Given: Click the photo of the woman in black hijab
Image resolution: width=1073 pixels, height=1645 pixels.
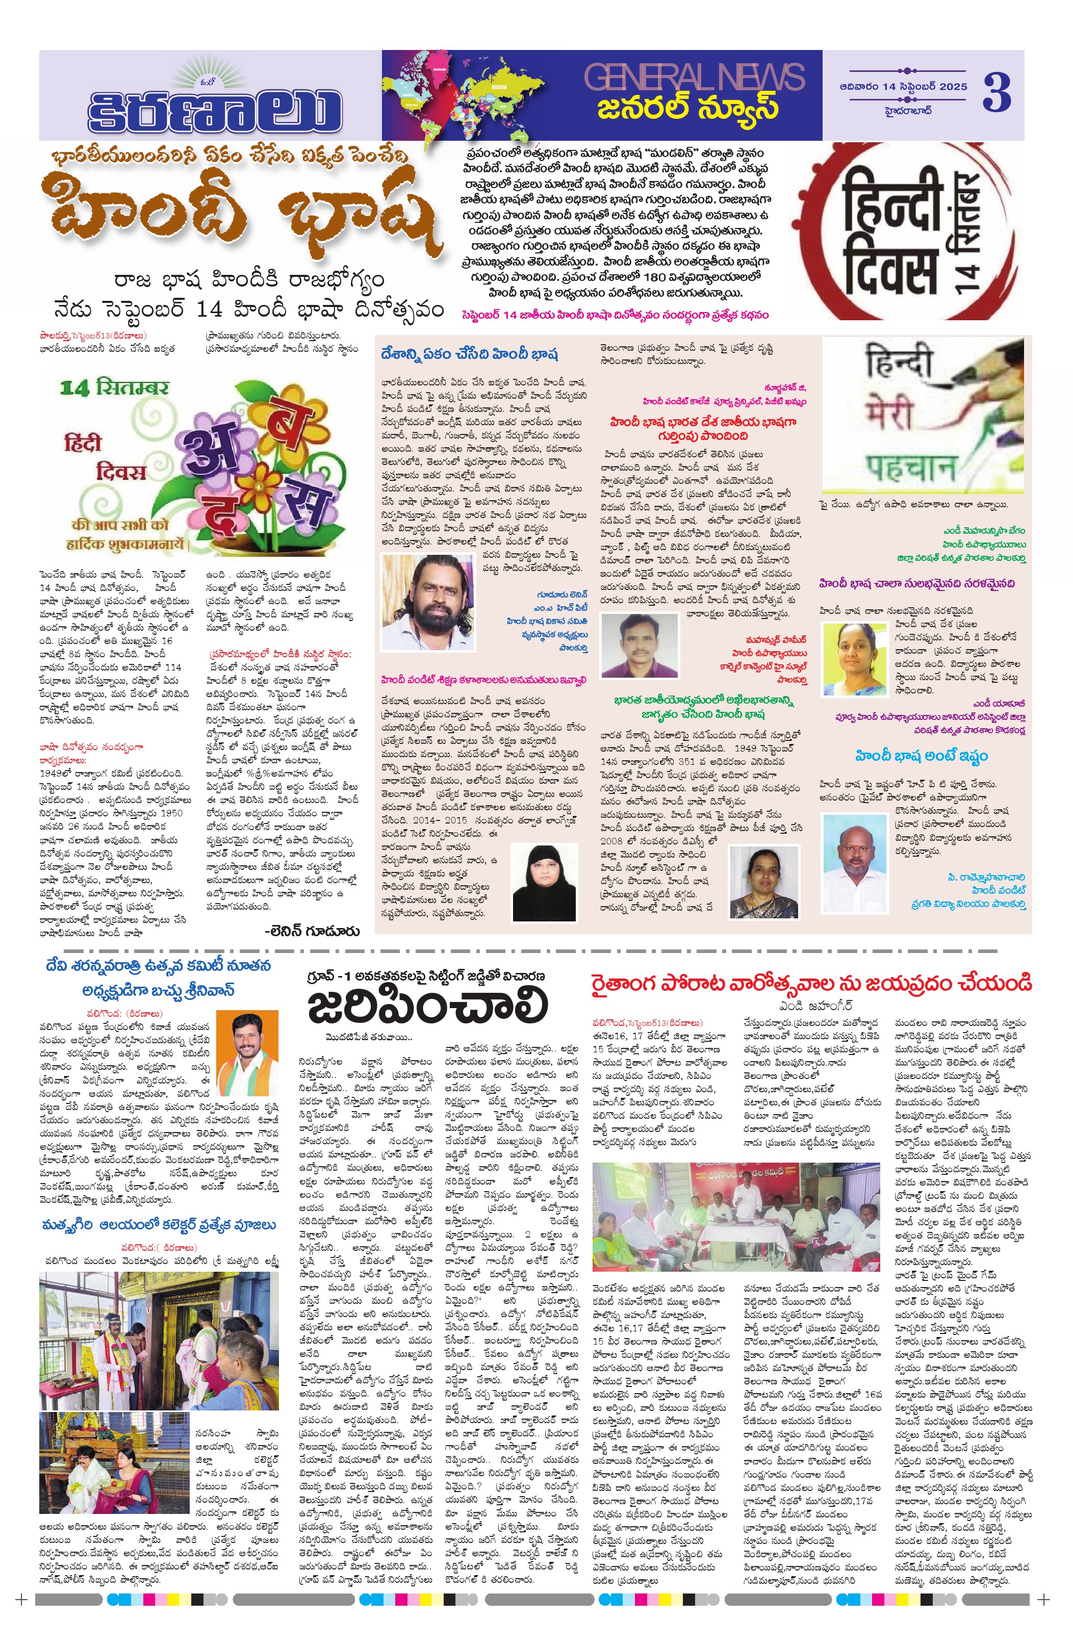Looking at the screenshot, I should (x=544, y=883).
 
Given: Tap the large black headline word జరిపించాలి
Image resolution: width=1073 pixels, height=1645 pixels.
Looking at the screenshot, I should (x=426, y=1007).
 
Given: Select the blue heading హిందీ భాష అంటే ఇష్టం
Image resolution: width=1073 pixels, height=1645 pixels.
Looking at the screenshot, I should (x=921, y=756).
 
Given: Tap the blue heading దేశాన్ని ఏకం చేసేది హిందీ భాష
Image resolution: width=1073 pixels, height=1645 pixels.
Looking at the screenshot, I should (x=469, y=354).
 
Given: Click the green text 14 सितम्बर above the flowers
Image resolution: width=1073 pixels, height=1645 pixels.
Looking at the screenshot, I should (x=114, y=387).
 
